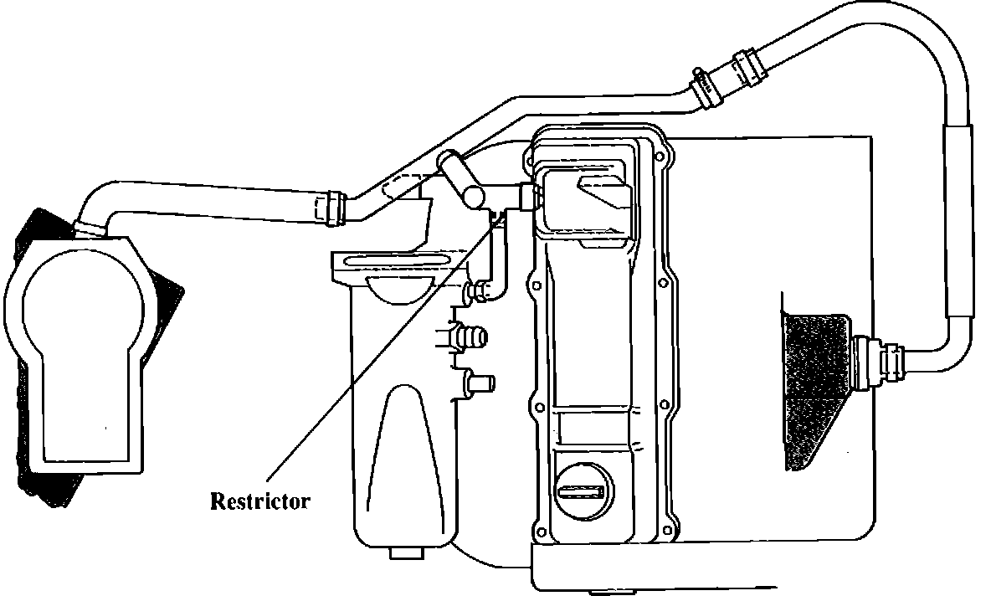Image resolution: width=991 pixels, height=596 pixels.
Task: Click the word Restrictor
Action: pyautogui.click(x=259, y=502)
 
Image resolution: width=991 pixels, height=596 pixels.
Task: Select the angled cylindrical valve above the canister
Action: pyautogui.click(x=463, y=178)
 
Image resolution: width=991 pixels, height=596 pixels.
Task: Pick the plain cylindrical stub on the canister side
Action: pyautogui.click(x=480, y=383)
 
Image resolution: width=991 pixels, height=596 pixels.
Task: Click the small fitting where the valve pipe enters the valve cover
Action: pyautogui.click(x=529, y=196)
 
